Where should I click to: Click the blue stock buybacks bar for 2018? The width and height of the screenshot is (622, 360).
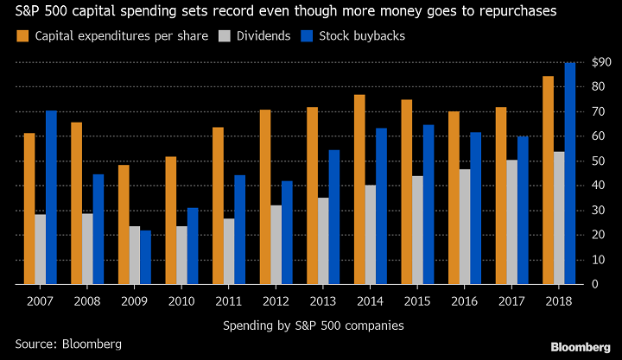(x=570, y=174)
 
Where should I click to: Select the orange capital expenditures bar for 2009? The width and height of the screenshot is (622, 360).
(x=124, y=224)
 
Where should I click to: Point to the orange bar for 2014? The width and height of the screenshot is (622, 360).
(x=359, y=189)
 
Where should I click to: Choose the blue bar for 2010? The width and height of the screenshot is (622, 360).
(x=193, y=246)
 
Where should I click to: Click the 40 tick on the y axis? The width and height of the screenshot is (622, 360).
(x=595, y=185)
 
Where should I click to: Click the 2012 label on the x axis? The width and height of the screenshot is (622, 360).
(x=276, y=301)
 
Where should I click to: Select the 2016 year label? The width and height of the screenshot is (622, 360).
(x=464, y=301)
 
